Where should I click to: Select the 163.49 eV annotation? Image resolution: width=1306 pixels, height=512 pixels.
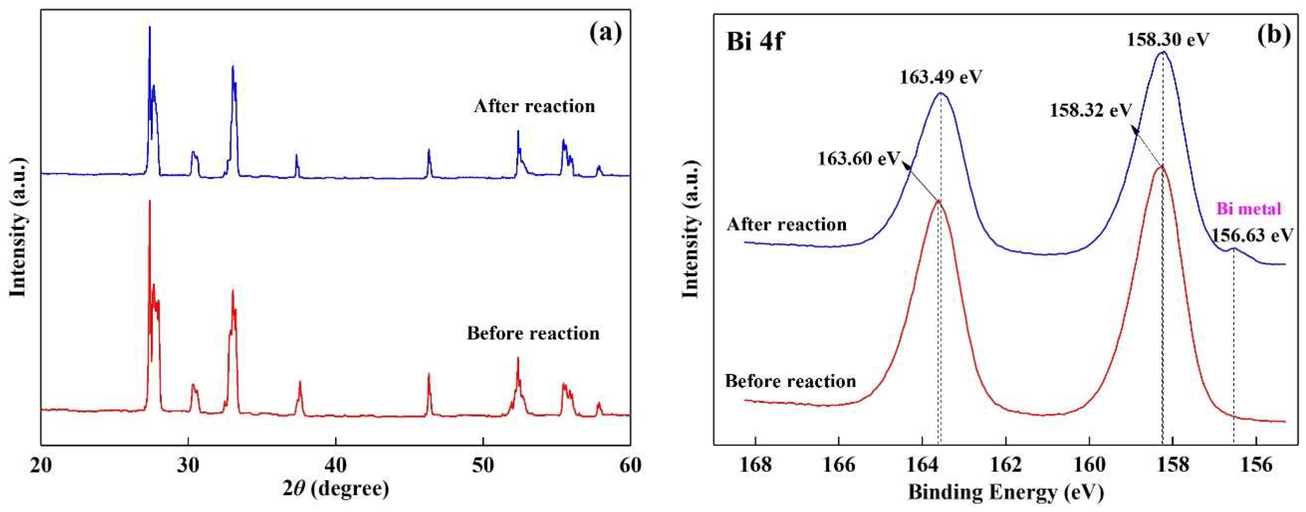[x=941, y=78]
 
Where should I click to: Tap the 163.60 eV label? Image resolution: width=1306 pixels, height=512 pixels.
[x=858, y=159]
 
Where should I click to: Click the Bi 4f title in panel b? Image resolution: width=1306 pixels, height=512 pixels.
[x=755, y=42]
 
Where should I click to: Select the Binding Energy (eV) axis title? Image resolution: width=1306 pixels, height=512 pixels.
[x=1006, y=491]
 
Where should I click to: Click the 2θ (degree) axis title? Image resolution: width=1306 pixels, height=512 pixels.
[x=336, y=489]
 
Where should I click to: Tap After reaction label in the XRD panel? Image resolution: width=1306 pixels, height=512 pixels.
[x=535, y=106]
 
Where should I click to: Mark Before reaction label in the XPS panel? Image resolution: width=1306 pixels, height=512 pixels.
[x=790, y=381]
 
